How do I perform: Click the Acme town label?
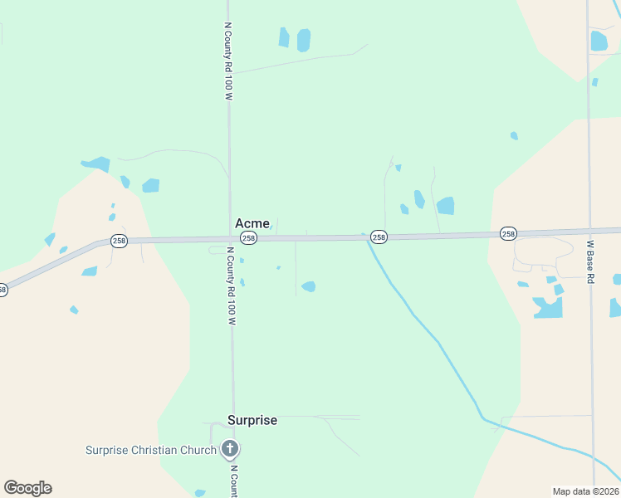click(x=252, y=223)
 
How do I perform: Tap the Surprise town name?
click(x=252, y=421)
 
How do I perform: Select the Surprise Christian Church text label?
click(x=151, y=451)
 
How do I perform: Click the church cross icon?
click(x=230, y=451)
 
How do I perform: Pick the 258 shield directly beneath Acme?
click(x=249, y=238)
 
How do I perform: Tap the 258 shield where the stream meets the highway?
click(x=379, y=237)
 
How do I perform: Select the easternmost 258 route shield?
click(x=508, y=235)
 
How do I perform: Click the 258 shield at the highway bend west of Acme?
click(x=119, y=241)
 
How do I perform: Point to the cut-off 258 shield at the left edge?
click(x=2, y=290)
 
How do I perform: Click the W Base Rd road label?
click(x=590, y=262)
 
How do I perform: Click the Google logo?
click(x=27, y=488)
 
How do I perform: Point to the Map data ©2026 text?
click(x=585, y=491)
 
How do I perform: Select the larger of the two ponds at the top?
click(x=304, y=40)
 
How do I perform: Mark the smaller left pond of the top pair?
click(x=284, y=37)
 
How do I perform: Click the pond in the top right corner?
click(x=599, y=41)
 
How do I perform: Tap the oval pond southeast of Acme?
click(x=309, y=287)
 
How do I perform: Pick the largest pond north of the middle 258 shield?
click(x=446, y=205)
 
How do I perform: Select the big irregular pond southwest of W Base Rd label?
click(x=548, y=308)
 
